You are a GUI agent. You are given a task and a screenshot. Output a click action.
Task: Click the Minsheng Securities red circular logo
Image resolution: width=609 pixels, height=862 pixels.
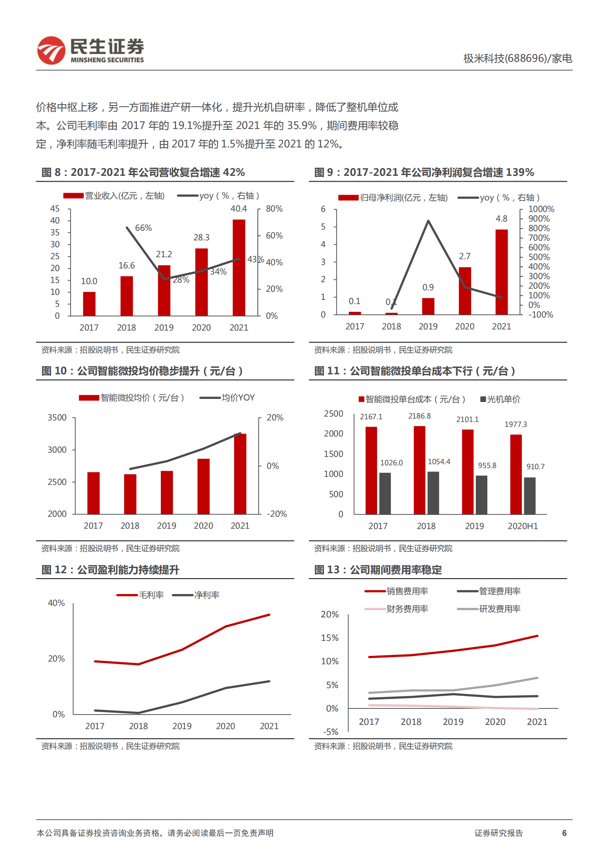(51, 50)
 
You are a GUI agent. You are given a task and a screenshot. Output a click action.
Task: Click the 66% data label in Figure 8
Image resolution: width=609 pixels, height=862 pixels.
(143, 228)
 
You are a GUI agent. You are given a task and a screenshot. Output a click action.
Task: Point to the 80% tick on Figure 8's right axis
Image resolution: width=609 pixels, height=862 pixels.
(274, 209)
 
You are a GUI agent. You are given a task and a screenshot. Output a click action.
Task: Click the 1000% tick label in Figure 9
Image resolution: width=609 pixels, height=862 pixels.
(541, 209)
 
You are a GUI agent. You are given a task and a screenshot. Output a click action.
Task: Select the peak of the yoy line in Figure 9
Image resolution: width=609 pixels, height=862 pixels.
(428, 221)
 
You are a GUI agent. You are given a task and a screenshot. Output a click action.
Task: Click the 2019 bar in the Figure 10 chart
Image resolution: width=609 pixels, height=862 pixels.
(167, 492)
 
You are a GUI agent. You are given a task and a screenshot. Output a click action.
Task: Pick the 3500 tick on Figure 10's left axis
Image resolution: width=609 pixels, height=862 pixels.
(57, 418)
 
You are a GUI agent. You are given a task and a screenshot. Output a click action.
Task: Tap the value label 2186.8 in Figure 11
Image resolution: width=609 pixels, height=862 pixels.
(419, 416)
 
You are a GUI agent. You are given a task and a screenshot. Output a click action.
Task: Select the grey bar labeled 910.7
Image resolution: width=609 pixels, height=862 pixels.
(530, 496)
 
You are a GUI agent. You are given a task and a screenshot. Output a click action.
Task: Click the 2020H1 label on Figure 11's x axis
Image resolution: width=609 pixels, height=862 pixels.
(522, 526)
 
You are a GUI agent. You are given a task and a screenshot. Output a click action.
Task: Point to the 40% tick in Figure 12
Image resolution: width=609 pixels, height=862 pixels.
(56, 603)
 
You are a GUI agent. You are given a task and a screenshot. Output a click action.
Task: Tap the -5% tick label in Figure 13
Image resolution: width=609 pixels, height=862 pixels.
(330, 732)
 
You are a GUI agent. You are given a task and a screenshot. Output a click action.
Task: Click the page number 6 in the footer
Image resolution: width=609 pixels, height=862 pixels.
(564, 833)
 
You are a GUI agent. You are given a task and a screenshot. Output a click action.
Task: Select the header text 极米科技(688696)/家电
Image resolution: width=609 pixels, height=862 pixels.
(517, 58)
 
